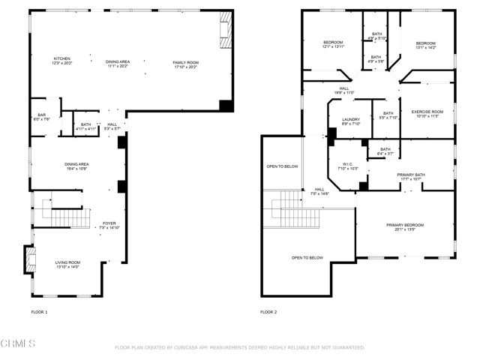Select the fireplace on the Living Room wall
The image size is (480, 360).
(x=29, y=259)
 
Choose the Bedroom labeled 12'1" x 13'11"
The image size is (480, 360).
(x=333, y=44)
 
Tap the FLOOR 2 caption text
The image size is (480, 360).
(x=268, y=311)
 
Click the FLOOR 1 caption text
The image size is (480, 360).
(x=39, y=311)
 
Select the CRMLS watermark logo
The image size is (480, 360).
(x=18, y=343)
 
